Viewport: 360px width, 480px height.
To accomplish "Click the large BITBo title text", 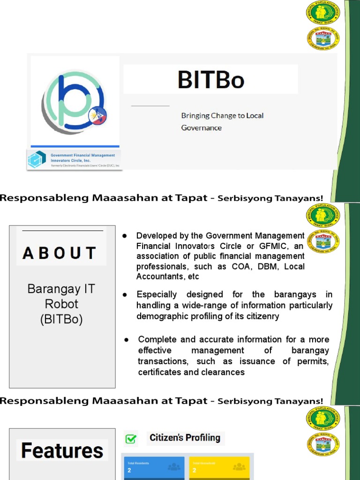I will tap(211, 80).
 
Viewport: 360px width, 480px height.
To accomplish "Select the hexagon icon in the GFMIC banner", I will tap(37, 160).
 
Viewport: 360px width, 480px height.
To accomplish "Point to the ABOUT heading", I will tap(60, 253).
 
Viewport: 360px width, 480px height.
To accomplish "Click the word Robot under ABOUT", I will tap(61, 304).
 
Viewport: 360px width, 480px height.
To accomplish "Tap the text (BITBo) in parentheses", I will tap(61, 320).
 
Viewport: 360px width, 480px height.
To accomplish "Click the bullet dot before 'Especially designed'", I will tap(125, 294).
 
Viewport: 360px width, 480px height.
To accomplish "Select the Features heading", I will tap(62, 451).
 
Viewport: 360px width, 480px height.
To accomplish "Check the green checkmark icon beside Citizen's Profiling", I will tap(131, 439).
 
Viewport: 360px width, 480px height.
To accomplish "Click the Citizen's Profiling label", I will tap(185, 438).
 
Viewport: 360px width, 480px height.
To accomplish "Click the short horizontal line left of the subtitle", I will tap(150, 106).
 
